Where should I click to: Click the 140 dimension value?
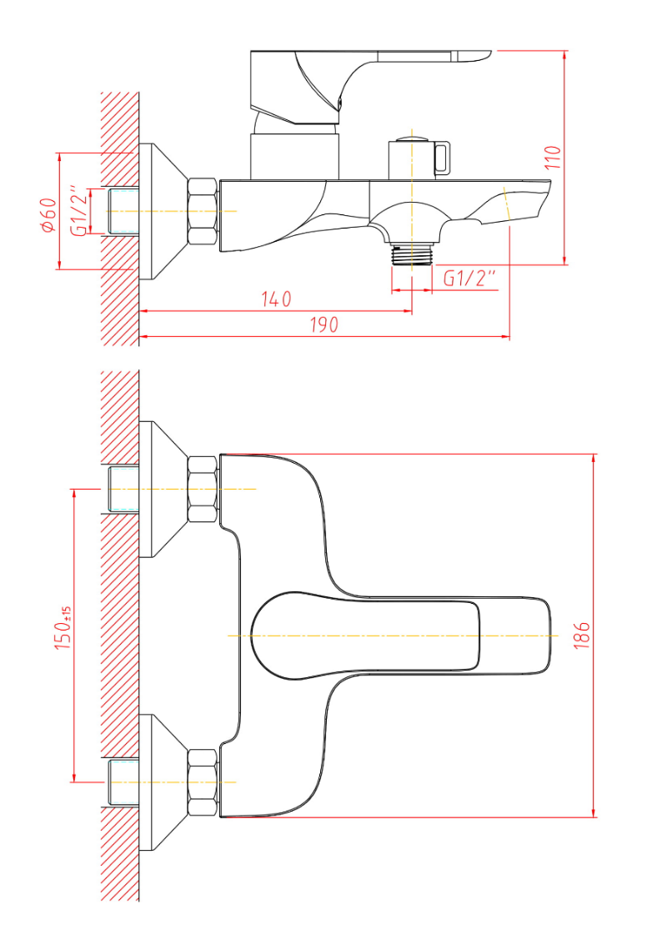pyautogui.click(x=276, y=299)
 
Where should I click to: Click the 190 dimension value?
pyautogui.click(x=324, y=324)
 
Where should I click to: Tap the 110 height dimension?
pyautogui.click(x=553, y=157)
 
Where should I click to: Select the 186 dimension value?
pyautogui.click(x=581, y=636)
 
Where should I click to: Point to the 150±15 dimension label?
pyautogui.click(x=64, y=627)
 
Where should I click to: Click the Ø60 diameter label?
pyautogui.click(x=48, y=215)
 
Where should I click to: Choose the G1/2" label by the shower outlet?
pyautogui.click(x=470, y=279)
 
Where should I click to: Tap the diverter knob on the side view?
pyautogui.click(x=419, y=158)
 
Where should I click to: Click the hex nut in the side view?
pyautogui.click(x=203, y=211)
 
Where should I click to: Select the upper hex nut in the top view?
pyautogui.click(x=203, y=489)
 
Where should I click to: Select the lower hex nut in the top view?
pyautogui.click(x=203, y=782)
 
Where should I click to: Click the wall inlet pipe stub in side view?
pyautogui.click(x=123, y=211)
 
